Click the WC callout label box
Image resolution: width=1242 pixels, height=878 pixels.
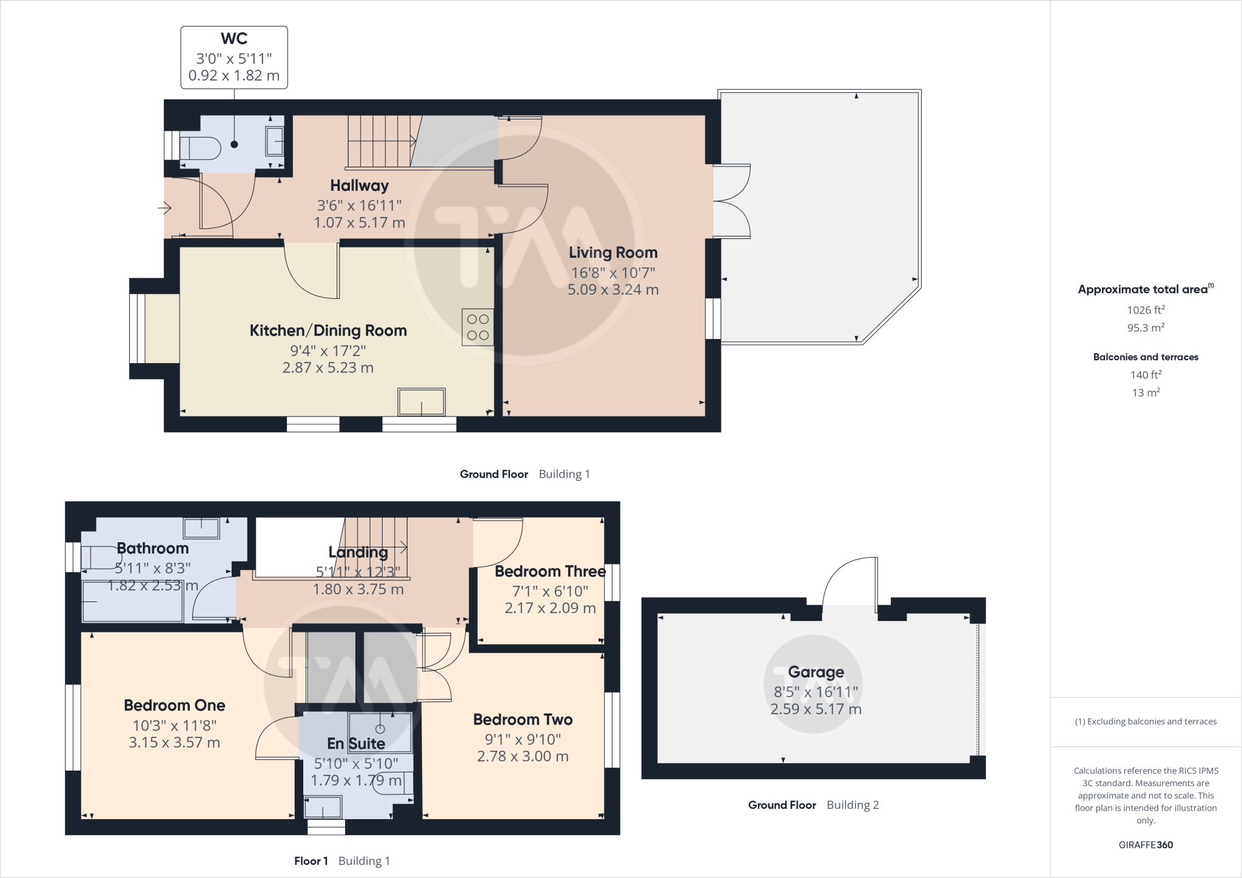[234, 58]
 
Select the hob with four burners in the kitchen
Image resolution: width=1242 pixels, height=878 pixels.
[478, 327]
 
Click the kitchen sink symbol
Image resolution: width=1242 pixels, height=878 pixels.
[421, 401]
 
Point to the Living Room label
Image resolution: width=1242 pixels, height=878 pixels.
[613, 253]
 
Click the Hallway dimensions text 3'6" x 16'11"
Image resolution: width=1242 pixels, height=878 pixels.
[359, 206]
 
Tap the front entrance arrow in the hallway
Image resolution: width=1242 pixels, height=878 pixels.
[165, 209]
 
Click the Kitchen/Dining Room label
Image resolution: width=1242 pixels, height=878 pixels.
[328, 330]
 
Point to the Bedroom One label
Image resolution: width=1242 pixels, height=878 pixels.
[174, 705]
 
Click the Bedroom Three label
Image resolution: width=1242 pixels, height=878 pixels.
[549, 571]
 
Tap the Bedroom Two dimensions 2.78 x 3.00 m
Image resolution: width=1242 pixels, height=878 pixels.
[523, 756]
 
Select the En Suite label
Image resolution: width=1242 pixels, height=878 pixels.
[356, 743]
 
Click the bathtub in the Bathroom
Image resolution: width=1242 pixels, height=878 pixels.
[132, 602]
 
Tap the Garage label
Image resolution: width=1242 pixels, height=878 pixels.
[816, 672]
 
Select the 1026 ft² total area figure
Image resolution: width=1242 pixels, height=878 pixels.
[1146, 310]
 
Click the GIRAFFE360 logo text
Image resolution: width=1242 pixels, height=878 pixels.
[1146, 845]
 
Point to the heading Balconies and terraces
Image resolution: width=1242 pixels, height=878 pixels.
[1146, 357]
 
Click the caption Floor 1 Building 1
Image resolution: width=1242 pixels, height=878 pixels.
[342, 861]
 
